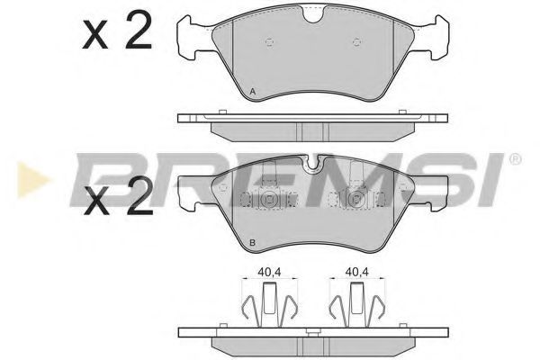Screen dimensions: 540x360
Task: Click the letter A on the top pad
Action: (253, 92)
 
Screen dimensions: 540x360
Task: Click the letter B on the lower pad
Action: (252, 242)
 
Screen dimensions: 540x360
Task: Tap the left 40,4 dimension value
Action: (270, 272)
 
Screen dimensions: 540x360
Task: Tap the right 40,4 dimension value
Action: (357, 272)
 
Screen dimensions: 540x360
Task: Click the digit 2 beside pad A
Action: (139, 30)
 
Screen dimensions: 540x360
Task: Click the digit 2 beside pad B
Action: (139, 195)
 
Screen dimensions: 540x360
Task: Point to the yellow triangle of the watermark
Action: (32, 180)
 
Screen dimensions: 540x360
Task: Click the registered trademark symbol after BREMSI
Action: (515, 159)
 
